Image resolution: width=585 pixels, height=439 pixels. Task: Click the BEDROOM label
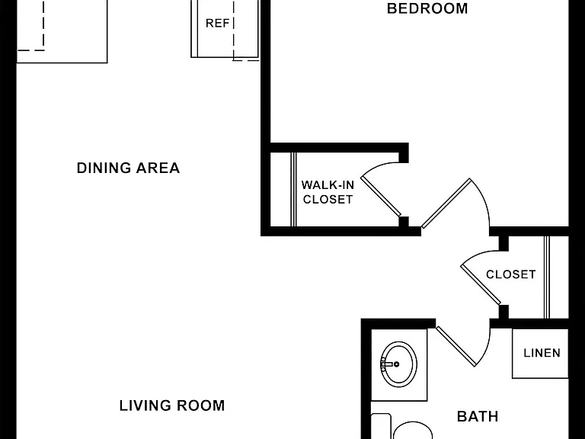click(427, 8)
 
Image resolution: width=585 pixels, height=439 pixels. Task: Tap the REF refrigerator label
click(218, 23)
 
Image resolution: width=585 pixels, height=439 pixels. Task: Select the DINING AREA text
click(128, 168)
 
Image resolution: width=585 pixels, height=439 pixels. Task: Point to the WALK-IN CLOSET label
click(328, 192)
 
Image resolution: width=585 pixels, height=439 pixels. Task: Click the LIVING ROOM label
click(172, 405)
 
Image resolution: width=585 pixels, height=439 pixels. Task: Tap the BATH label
click(478, 416)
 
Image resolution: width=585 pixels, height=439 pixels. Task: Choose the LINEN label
click(542, 353)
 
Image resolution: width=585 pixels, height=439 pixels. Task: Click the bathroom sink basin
click(398, 364)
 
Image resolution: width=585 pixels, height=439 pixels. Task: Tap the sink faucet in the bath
click(388, 364)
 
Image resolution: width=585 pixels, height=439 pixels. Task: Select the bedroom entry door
click(446, 203)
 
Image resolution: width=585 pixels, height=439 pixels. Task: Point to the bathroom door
click(456, 346)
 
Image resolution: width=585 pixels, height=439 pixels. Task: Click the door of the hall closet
click(481, 284)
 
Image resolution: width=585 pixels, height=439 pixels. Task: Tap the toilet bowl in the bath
click(413, 431)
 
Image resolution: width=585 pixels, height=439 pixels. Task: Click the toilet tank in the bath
click(381, 426)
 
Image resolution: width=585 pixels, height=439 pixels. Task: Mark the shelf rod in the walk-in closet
click(293, 189)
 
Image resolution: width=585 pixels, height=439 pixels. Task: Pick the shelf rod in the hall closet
click(547, 277)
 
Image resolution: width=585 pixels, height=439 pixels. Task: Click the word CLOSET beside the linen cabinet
click(511, 274)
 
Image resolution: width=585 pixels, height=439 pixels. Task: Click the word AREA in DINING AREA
click(158, 168)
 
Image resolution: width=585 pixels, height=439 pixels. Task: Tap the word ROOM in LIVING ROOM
click(201, 405)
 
